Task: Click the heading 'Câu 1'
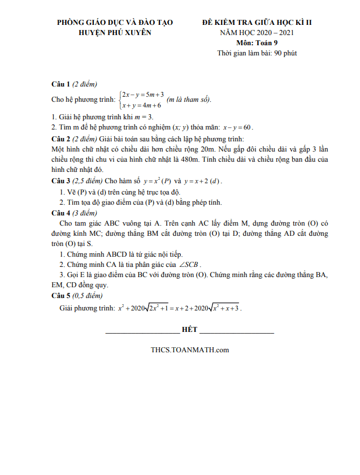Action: pyautogui.click(x=60, y=84)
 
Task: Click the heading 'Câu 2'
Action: pyautogui.click(x=60, y=139)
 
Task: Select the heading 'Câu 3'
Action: pyautogui.click(x=60, y=181)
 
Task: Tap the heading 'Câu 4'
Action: pyautogui.click(x=60, y=213)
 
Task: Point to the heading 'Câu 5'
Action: pyautogui.click(x=60, y=295)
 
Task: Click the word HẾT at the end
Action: pyautogui.click(x=190, y=329)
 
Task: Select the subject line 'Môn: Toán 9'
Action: pyautogui.click(x=257, y=42)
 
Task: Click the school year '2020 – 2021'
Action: pyautogui.click(x=274, y=32)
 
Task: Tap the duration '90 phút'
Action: pyautogui.click(x=286, y=53)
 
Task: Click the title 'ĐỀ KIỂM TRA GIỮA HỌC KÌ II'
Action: pyautogui.click(x=257, y=22)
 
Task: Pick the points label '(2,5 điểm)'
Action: pyautogui.click(x=86, y=181)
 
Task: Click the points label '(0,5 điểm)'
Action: pyautogui.click(x=86, y=295)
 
